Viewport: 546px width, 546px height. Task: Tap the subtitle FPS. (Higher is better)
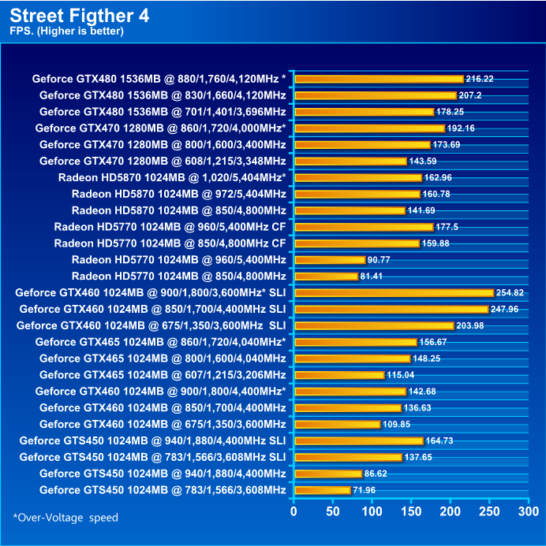coord(67,32)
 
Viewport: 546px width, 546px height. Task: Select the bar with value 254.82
coord(393,292)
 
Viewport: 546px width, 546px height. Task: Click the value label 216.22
coord(480,79)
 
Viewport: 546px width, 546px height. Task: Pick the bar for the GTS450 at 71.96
coord(322,490)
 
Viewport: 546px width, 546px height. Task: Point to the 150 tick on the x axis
coord(410,511)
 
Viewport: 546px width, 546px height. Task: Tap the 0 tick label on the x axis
coord(294,511)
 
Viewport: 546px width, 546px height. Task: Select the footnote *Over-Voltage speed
coord(65,518)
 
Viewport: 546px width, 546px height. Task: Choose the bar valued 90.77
coord(329,259)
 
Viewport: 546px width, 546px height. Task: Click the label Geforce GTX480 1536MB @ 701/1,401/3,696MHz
coord(163,111)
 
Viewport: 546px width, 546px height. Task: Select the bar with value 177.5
coord(363,227)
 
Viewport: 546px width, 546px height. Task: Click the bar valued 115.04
coord(338,375)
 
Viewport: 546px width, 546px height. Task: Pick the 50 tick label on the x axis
coord(332,511)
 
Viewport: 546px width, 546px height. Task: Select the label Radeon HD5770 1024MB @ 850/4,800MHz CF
coord(170,243)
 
